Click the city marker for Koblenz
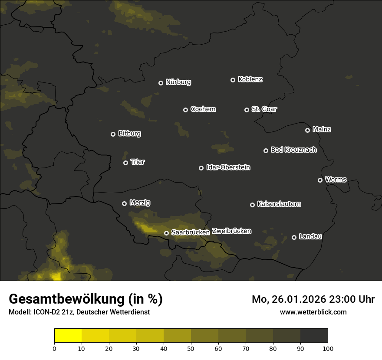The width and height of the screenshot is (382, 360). pos(233,80)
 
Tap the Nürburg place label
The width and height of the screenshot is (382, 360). pos(178,82)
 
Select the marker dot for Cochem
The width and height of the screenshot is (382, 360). pos(185,110)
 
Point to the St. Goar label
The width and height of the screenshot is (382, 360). pos(264,109)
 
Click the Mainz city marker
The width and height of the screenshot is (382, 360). pos(307,130)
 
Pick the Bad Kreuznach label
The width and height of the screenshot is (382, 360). pos(293,150)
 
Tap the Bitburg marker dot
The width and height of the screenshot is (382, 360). pos(113,134)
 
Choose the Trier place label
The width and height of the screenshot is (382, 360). pos(138,162)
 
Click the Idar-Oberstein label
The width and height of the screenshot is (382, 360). pos(228,167)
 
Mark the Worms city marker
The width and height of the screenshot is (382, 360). pos(320,180)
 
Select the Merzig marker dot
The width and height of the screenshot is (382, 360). pos(124,203)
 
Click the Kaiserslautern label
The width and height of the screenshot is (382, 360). pos(279,204)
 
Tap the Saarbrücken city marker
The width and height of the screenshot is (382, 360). pos(166,233)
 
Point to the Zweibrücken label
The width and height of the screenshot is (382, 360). pos(231,231)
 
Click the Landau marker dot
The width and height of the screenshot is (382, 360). pos(294,237)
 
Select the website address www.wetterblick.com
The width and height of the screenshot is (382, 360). pos(313,312)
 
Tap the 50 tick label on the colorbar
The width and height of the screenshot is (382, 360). pos(191,348)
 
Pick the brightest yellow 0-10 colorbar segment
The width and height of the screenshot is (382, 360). pos(68,336)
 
